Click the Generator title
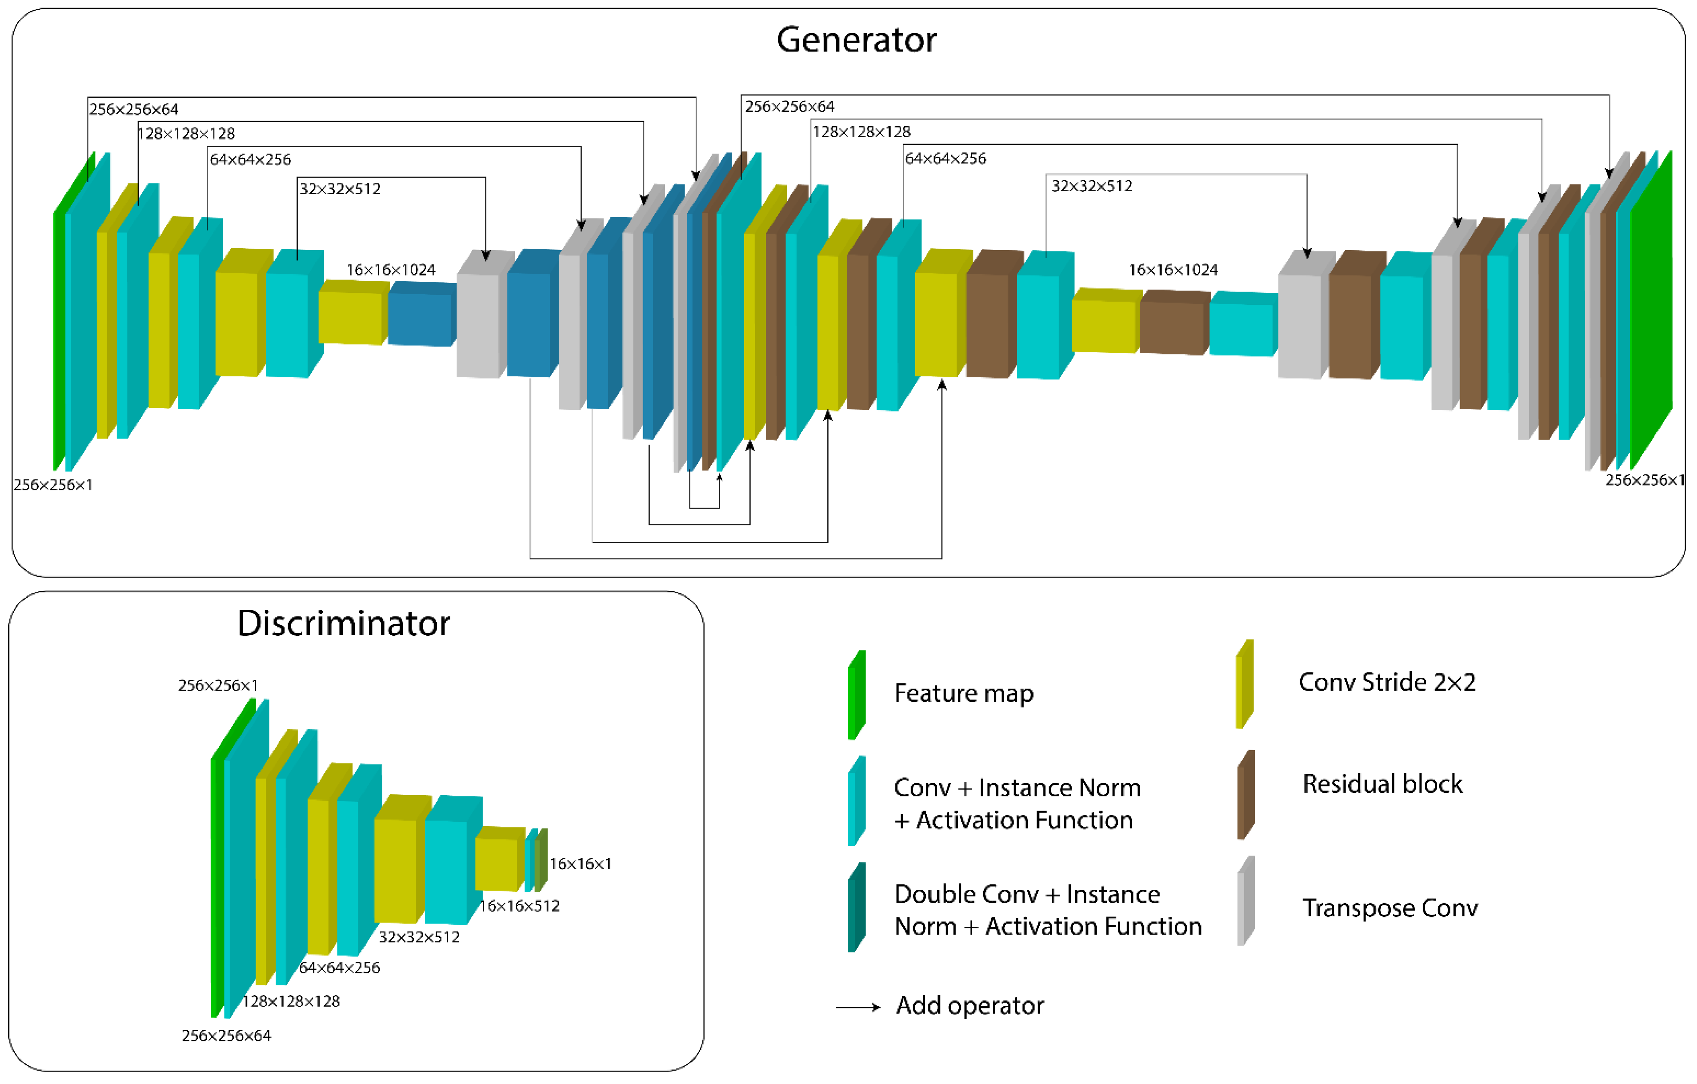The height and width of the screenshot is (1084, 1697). pyautogui.click(x=856, y=39)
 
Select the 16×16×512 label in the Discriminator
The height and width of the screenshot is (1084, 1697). pyautogui.click(x=520, y=906)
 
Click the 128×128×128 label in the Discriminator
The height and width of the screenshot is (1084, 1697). pyautogui.click(x=291, y=1001)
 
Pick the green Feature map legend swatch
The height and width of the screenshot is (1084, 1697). pyautogui.click(x=856, y=695)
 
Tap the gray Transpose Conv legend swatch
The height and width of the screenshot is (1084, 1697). pyautogui.click(x=1245, y=901)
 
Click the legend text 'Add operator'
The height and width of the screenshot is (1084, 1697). pyautogui.click(x=970, y=1005)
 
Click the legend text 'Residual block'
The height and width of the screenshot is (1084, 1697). pyautogui.click(x=1382, y=784)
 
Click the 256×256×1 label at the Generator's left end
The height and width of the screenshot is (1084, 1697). pyautogui.click(x=53, y=485)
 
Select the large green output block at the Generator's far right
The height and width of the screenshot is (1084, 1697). pyautogui.click(x=1651, y=310)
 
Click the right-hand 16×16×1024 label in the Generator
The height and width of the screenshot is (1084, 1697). pyautogui.click(x=1172, y=270)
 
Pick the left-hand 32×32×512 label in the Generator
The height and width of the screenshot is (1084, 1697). pyautogui.click(x=340, y=189)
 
